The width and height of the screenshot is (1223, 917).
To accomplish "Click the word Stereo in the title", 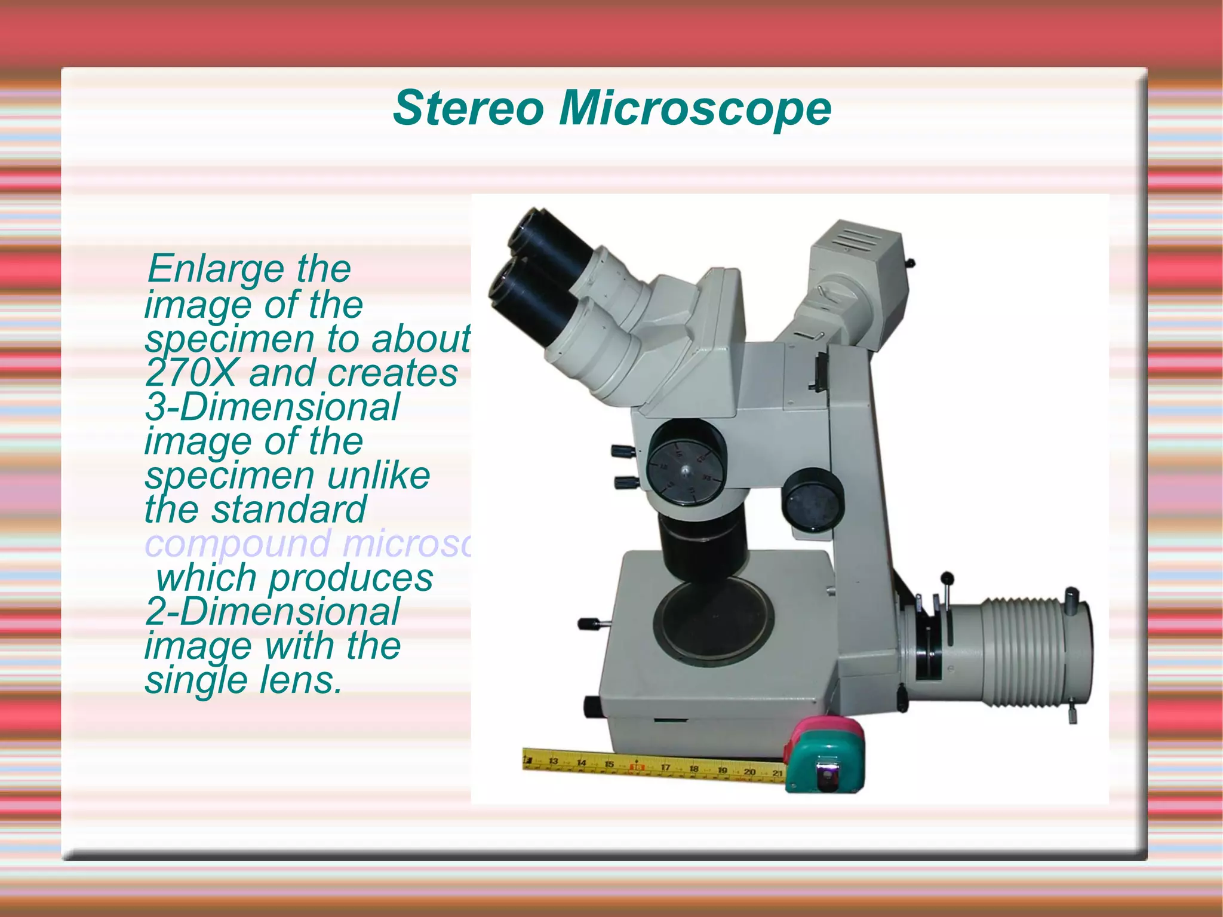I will pos(468,108).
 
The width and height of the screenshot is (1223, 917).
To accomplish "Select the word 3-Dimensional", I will pos(272,407).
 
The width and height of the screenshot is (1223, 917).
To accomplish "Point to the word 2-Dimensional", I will pos(272,612).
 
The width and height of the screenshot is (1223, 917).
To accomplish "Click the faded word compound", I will pos(238,544).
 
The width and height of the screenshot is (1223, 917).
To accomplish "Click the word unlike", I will pos(379,476).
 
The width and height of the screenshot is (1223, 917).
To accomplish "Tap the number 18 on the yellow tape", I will pos(694,769).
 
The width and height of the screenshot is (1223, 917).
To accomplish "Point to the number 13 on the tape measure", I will pos(553,761).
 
